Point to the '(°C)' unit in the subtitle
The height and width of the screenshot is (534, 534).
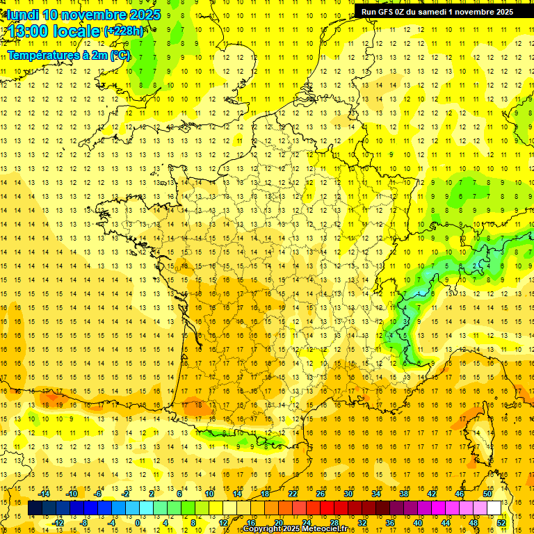tap(118, 55)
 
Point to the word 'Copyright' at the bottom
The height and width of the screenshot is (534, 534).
tap(265, 529)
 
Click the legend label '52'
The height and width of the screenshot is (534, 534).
tap(501, 522)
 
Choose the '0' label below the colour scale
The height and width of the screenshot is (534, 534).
tap(138, 522)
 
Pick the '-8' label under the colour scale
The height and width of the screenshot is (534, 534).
tap(84, 522)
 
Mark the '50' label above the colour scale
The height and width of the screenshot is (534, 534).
tap(487, 494)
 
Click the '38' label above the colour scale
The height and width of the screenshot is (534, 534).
tap(404, 494)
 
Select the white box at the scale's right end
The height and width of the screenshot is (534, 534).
tap(494, 508)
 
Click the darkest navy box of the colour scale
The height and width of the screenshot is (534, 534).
tap(35, 508)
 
